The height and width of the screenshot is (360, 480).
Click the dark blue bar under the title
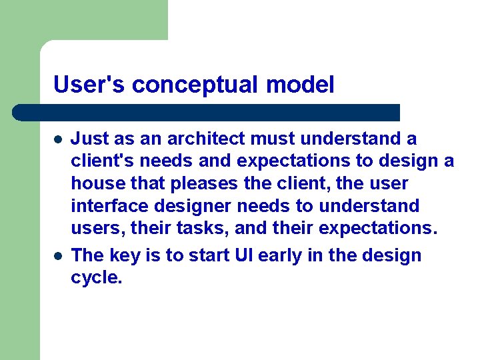(x=207, y=112)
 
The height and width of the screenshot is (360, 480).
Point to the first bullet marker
(x=58, y=140)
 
